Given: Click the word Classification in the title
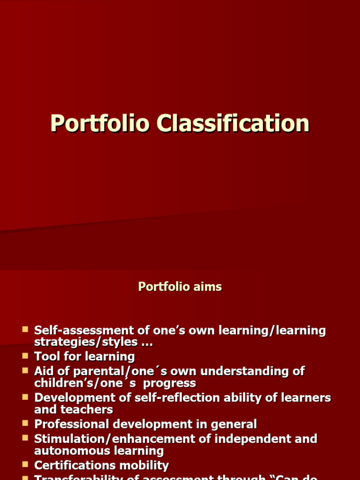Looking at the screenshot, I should [x=233, y=124].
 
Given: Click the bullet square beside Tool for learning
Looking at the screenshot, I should [x=25, y=356].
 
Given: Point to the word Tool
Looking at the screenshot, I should [x=46, y=357].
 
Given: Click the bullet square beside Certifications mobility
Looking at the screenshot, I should [x=25, y=465].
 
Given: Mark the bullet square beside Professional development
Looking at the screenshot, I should [x=25, y=423].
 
